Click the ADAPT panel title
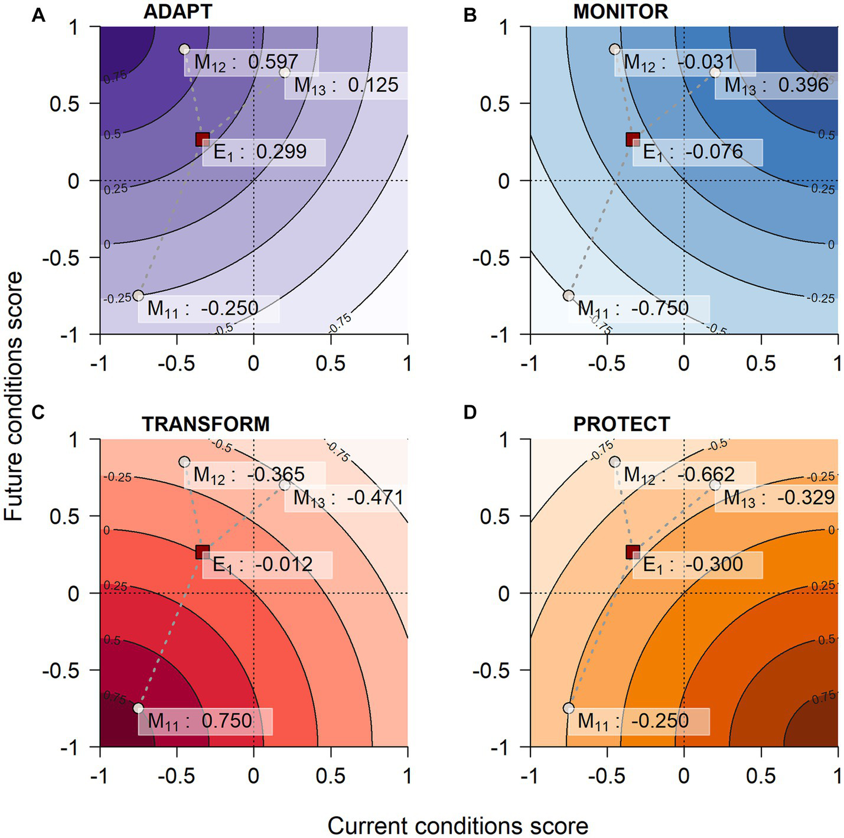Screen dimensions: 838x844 tap(177, 11)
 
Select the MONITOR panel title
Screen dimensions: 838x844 tap(620, 11)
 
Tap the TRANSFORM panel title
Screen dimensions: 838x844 tap(206, 424)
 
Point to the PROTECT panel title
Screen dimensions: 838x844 tap(621, 424)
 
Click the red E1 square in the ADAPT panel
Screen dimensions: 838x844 tap(203, 139)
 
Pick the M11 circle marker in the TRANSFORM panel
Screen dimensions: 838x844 tap(138, 708)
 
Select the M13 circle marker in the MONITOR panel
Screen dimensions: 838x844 tap(715, 73)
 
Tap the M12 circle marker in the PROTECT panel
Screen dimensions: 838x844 tap(615, 462)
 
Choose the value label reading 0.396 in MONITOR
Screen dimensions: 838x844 tap(776, 86)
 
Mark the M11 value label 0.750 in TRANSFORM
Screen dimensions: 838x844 tap(205, 721)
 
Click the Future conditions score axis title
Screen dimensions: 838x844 tap(13, 396)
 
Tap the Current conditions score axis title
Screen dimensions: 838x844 tap(458, 826)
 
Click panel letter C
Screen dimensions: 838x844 tap(38, 412)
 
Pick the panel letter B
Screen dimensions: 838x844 tap(470, 15)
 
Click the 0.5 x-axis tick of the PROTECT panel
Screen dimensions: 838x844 tap(761, 775)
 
